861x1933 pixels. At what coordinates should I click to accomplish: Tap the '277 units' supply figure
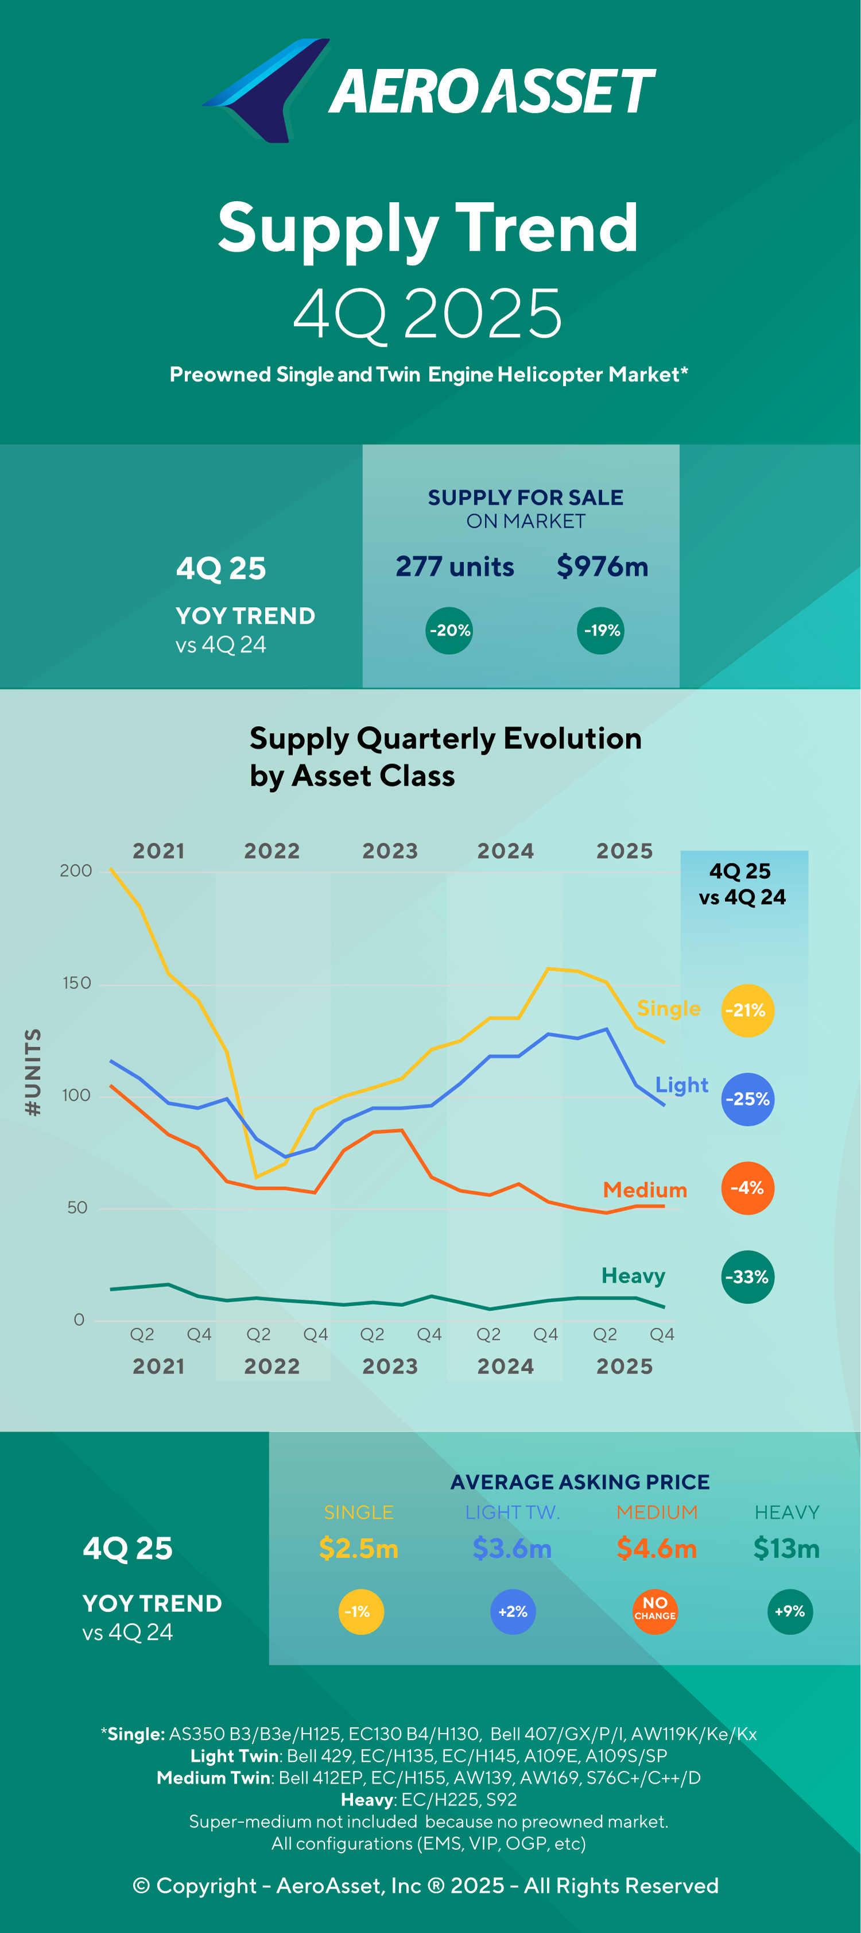pyautogui.click(x=455, y=566)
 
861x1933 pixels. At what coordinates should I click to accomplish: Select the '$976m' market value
pyautogui.click(x=602, y=566)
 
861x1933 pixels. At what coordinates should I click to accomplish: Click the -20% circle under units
pyautogui.click(x=449, y=630)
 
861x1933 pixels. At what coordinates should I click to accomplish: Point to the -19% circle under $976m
pyautogui.click(x=602, y=630)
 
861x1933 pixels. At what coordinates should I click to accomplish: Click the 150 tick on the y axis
pyautogui.click(x=76, y=983)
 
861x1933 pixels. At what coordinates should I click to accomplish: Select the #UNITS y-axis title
pyautogui.click(x=33, y=1072)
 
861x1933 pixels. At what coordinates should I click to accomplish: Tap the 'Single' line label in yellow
pyautogui.click(x=668, y=1009)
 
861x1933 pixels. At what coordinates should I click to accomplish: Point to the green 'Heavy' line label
pyautogui.click(x=633, y=1276)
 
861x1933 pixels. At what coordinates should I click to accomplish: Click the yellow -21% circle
pyautogui.click(x=747, y=1010)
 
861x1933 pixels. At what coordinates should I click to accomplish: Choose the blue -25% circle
pyautogui.click(x=747, y=1099)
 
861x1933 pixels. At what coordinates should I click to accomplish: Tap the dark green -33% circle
pyautogui.click(x=747, y=1277)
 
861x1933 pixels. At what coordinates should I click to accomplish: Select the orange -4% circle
pyautogui.click(x=747, y=1188)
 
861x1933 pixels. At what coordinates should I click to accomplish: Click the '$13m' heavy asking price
pyautogui.click(x=786, y=1548)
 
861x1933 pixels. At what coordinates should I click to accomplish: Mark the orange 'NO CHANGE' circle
pyautogui.click(x=655, y=1612)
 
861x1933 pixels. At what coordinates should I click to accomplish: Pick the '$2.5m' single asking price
pyautogui.click(x=359, y=1548)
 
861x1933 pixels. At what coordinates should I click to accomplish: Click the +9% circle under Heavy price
pyautogui.click(x=790, y=1612)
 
